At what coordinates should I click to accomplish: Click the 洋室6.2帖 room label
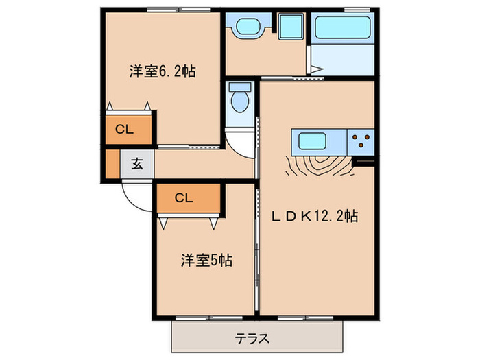coord(163,71)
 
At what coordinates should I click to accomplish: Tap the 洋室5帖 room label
coord(206,261)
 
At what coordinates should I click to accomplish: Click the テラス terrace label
coord(252,339)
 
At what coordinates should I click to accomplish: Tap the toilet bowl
coord(240,100)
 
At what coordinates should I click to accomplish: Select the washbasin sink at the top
coord(246,28)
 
